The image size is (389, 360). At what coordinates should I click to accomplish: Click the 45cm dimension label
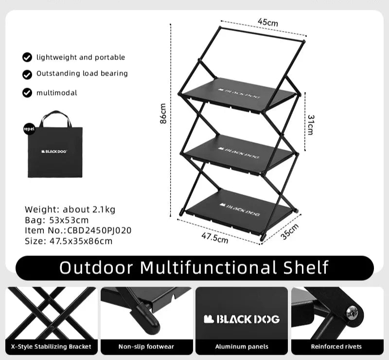tap(268, 22)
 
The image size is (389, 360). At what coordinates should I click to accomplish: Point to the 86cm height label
tap(164, 113)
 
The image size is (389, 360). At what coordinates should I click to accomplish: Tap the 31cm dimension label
tap(310, 125)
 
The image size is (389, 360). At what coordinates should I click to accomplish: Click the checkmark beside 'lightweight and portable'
tap(27, 57)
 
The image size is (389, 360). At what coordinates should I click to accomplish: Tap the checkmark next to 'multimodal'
tap(27, 92)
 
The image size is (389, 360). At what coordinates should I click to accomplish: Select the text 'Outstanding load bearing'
tap(82, 73)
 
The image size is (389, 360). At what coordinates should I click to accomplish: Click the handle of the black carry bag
tap(55, 117)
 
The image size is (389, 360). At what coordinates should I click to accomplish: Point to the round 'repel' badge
tap(29, 129)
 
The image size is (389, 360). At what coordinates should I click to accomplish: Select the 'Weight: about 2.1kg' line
tap(70, 210)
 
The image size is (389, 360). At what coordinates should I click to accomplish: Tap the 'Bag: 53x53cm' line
tap(57, 220)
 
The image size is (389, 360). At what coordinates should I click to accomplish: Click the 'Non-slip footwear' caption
tap(146, 346)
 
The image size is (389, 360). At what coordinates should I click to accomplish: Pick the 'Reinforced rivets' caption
tap(336, 346)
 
